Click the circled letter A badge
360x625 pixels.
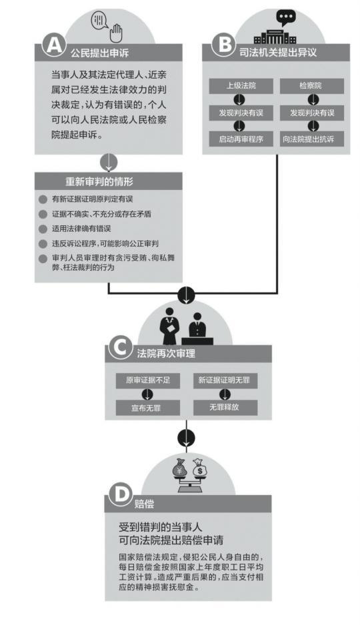tap(54, 44)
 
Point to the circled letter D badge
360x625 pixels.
tap(119, 494)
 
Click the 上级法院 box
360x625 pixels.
tap(241, 86)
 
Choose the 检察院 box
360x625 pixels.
tap(311, 86)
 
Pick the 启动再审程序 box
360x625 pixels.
tap(241, 139)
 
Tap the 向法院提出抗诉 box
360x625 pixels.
tap(311, 139)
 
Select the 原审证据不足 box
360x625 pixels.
tap(147, 380)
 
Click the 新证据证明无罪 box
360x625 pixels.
tap(225, 380)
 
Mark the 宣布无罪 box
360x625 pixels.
tap(147, 408)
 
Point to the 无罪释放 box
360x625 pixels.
tap(225, 407)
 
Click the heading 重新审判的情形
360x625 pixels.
tap(99, 182)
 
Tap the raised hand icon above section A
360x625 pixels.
tap(116, 33)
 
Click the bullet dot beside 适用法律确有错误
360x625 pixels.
tap(43, 229)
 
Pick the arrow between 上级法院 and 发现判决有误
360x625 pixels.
tap(239, 100)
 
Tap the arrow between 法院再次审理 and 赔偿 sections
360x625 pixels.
tap(186, 438)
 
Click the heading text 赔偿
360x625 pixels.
tap(144, 504)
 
